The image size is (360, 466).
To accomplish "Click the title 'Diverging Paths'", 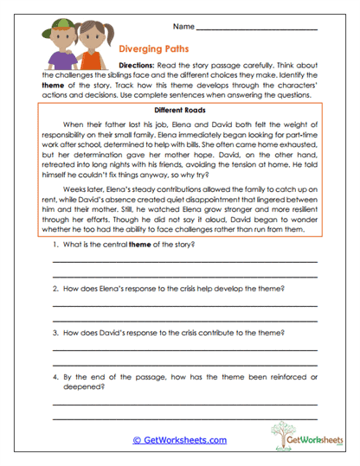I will click(x=152, y=50).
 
